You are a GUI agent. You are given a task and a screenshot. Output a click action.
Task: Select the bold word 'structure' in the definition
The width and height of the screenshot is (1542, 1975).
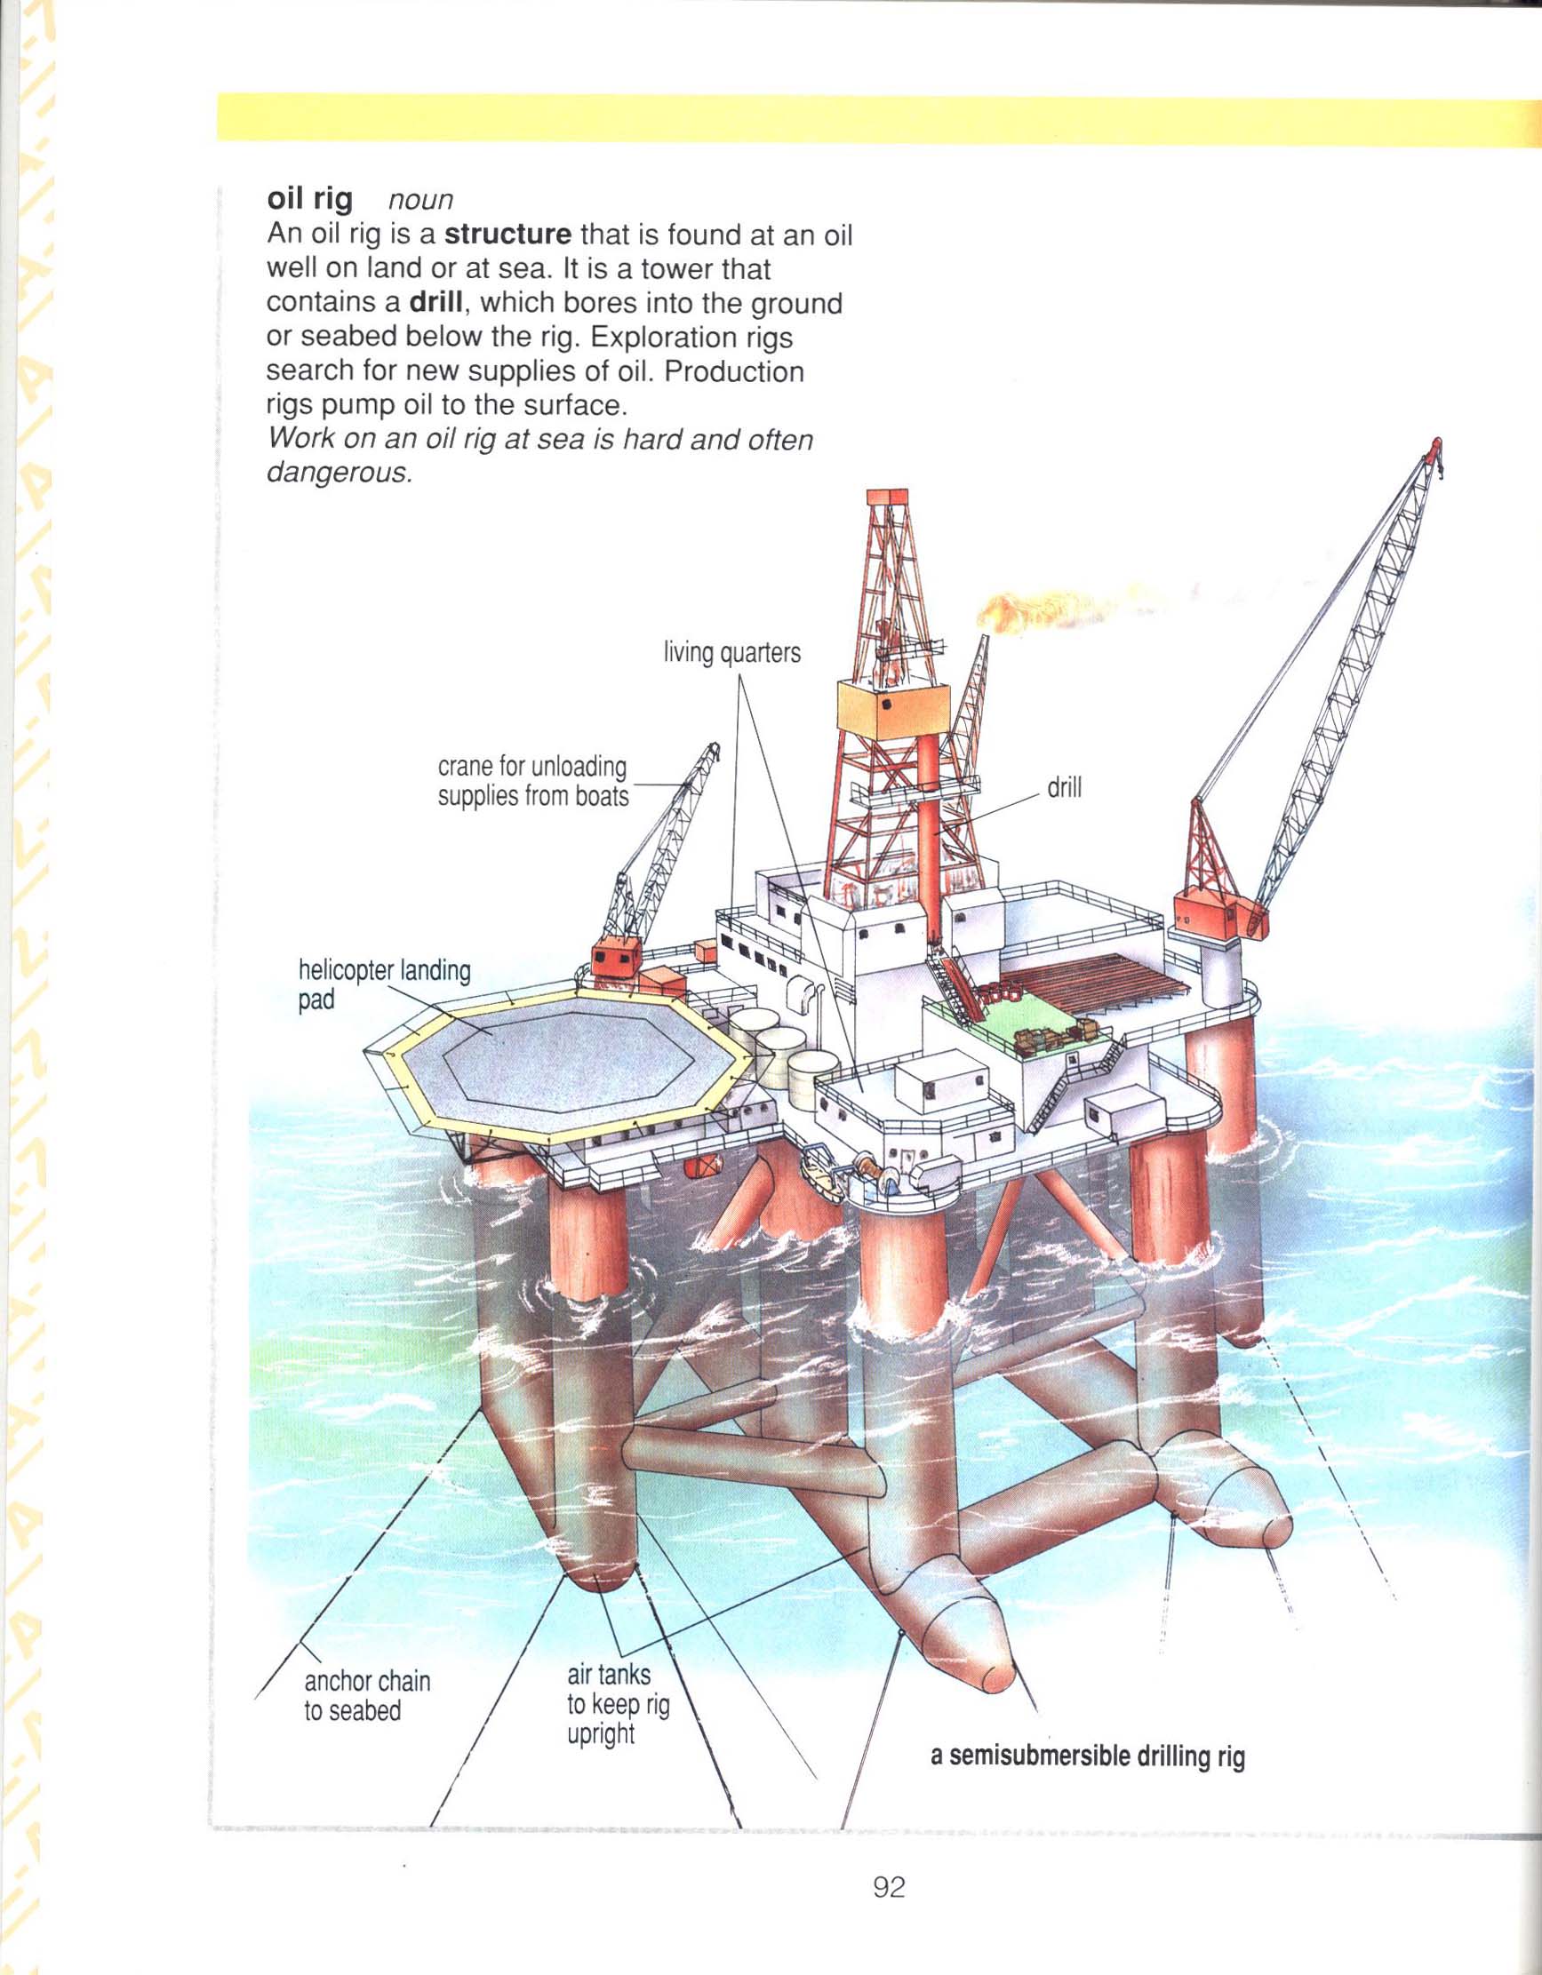(x=508, y=235)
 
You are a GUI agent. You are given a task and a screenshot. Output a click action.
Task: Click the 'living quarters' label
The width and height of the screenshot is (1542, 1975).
(x=731, y=653)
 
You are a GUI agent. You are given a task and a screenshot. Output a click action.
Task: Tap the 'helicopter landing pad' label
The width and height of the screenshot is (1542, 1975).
(x=383, y=985)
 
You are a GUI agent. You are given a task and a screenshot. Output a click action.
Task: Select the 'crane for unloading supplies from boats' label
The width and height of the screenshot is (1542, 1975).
(x=532, y=781)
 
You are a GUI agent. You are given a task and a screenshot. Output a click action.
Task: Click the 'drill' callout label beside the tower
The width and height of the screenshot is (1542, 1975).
(x=1064, y=788)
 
